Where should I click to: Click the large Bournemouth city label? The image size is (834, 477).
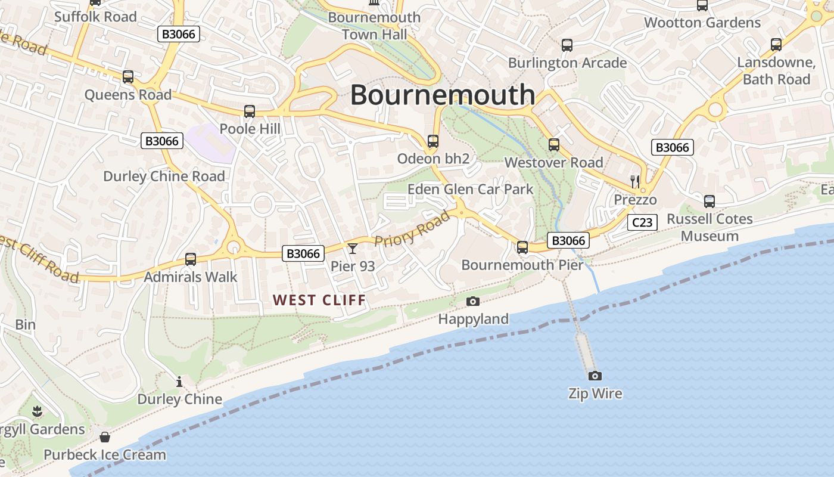[443, 95]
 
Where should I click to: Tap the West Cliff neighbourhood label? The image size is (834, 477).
[319, 300]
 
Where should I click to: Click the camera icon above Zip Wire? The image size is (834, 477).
[595, 376]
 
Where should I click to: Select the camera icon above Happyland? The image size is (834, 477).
[473, 301]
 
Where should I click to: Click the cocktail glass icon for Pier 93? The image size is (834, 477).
[353, 248]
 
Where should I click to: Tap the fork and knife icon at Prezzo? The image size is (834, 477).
[635, 181]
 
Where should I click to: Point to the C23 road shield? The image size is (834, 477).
[642, 223]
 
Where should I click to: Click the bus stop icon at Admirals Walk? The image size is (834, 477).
[191, 259]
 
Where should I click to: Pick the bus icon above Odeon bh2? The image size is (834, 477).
[433, 141]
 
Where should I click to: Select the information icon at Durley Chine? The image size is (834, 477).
[179, 382]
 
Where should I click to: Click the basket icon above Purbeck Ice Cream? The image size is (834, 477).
[105, 437]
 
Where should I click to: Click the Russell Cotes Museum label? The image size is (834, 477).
[709, 227]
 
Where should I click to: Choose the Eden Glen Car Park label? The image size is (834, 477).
[470, 190]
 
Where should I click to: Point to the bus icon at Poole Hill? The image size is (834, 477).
[250, 111]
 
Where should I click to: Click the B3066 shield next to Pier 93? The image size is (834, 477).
[303, 253]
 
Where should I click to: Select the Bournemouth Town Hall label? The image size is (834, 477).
[374, 26]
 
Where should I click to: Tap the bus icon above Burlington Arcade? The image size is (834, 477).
[567, 45]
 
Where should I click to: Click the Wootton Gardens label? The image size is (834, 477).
[702, 23]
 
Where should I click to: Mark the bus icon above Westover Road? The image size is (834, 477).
[554, 144]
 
